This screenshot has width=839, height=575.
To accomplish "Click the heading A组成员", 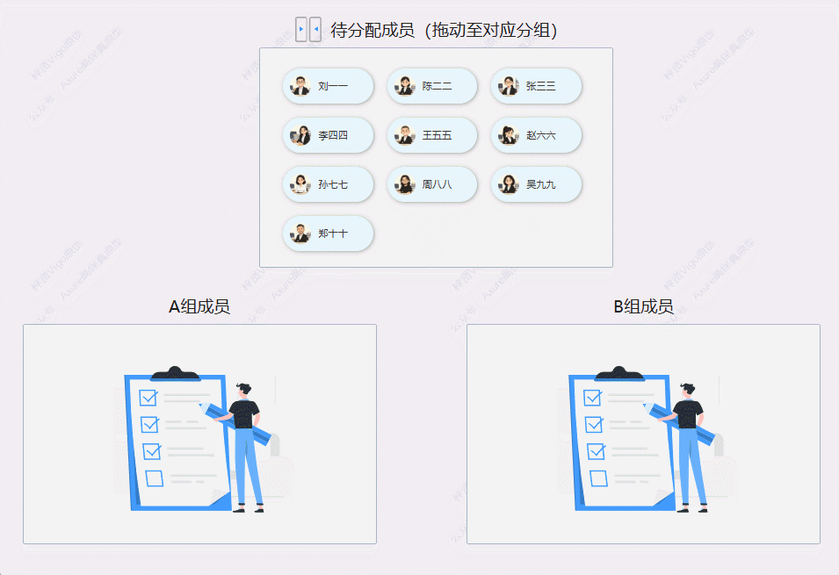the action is (x=199, y=306).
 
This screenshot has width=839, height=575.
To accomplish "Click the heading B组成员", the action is (x=643, y=306).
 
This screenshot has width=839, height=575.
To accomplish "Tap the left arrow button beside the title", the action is (x=315, y=30).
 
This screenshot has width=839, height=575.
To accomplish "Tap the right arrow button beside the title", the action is (x=301, y=30).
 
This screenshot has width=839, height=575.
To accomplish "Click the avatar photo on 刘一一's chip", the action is (x=300, y=86).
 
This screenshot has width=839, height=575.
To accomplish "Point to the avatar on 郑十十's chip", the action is (x=300, y=234).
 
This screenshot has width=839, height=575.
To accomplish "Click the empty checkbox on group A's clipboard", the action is (x=155, y=478).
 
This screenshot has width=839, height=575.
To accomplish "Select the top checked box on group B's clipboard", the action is (x=592, y=398).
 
